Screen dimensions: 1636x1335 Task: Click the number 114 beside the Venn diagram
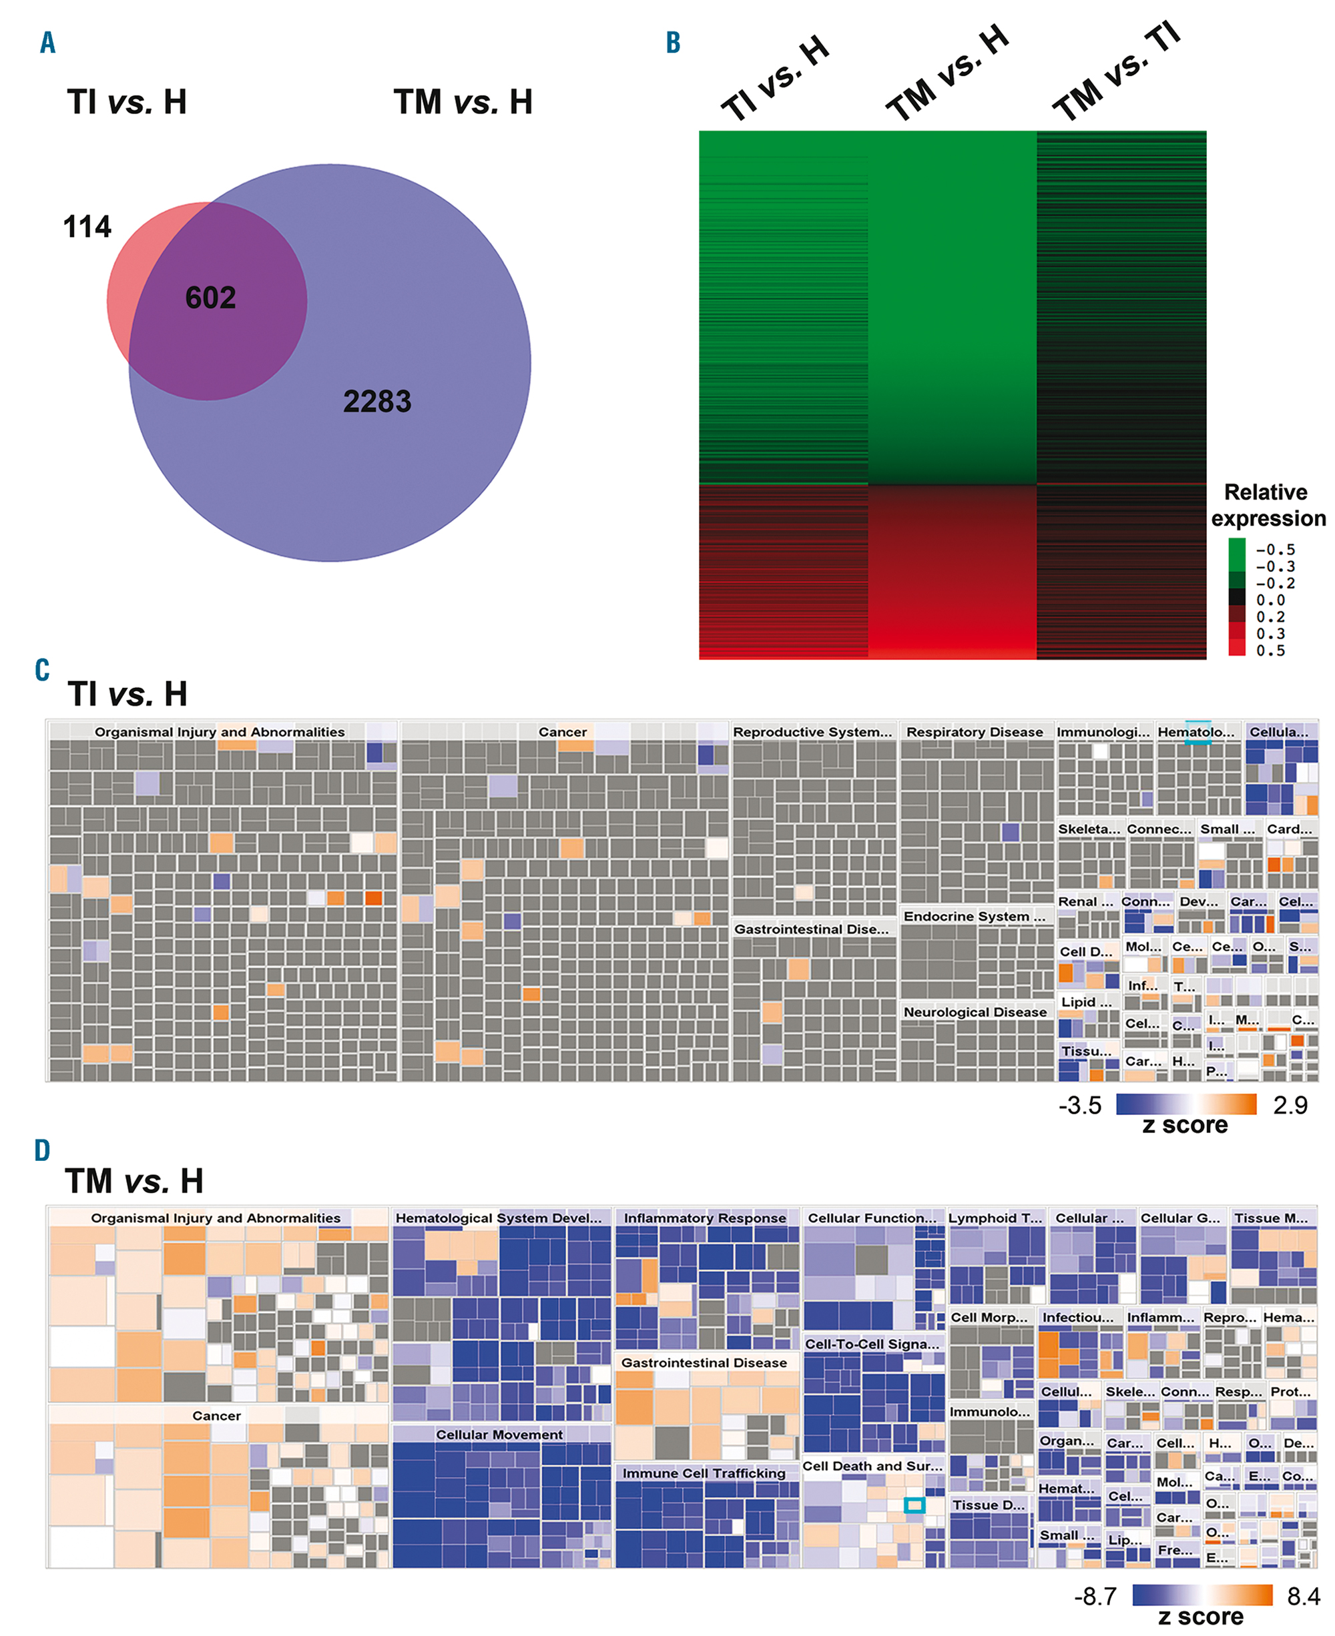[87, 227]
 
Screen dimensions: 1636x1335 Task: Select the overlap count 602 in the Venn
[210, 298]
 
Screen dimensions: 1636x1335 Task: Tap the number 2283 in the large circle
[377, 401]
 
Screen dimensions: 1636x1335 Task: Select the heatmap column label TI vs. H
[774, 79]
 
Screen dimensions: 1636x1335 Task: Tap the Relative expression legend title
[1268, 505]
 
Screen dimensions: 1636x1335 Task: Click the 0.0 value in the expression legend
[1270, 600]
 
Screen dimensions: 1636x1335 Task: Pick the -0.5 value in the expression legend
[1275, 550]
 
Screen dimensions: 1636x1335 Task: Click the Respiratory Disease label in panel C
[975, 732]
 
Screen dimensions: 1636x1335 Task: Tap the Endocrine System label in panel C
[975, 916]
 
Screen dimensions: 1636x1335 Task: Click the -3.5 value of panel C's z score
[1080, 1106]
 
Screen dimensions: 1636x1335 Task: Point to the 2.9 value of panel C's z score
[1290, 1106]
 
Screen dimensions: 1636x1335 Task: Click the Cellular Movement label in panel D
[499, 1435]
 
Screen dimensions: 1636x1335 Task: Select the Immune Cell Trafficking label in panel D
[704, 1473]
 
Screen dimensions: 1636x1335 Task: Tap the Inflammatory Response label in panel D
[704, 1218]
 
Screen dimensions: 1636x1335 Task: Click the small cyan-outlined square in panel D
[914, 1505]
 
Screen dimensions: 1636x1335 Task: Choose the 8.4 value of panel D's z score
[1304, 1596]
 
